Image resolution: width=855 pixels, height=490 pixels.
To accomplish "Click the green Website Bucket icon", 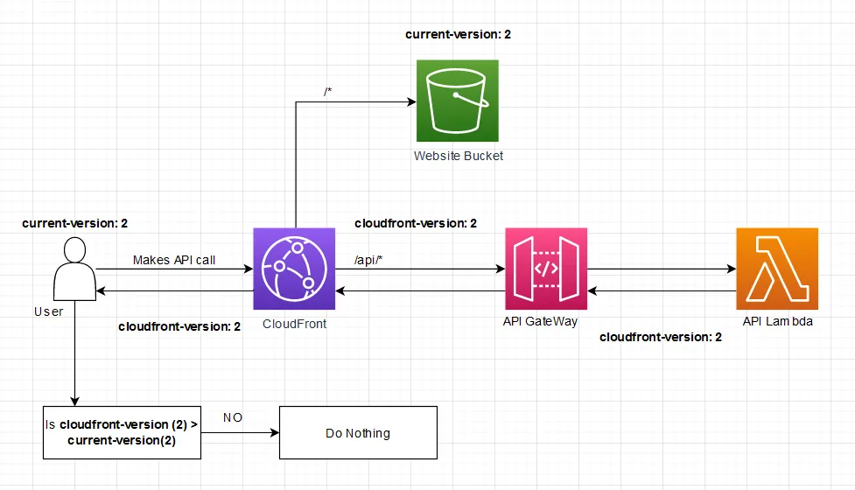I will pyautogui.click(x=457, y=101).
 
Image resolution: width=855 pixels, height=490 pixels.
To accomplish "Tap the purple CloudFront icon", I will pyautogui.click(x=294, y=269).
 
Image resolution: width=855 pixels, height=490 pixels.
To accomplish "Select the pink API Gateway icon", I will pyautogui.click(x=546, y=269).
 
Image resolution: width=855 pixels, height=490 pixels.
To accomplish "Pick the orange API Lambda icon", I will pyautogui.click(x=777, y=269).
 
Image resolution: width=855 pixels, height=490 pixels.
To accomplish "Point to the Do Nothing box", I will pyautogui.click(x=358, y=433).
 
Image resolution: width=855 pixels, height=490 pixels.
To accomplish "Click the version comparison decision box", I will pyautogui.click(x=122, y=432).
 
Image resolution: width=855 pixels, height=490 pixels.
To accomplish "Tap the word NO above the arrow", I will pyautogui.click(x=234, y=417).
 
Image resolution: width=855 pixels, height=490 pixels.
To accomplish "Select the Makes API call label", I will pyautogui.click(x=174, y=260).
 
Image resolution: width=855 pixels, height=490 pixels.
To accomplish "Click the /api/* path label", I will pyautogui.click(x=367, y=259).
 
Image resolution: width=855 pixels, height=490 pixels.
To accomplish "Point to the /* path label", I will pyautogui.click(x=327, y=92).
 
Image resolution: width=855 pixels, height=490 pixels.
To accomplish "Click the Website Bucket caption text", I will pyautogui.click(x=459, y=156).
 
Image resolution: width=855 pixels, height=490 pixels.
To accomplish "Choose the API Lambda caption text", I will pyautogui.click(x=778, y=321).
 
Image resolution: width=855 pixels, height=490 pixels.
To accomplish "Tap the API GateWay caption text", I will pyautogui.click(x=540, y=321).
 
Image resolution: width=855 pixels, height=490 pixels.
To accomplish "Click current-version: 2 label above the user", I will pyautogui.click(x=75, y=224).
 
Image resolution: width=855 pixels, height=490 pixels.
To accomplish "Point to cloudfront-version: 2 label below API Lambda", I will pyautogui.click(x=661, y=337).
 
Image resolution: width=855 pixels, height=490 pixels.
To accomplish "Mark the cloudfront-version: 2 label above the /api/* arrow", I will pyautogui.click(x=416, y=223).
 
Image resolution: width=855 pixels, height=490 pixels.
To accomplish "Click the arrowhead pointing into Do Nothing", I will pyautogui.click(x=274, y=433).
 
